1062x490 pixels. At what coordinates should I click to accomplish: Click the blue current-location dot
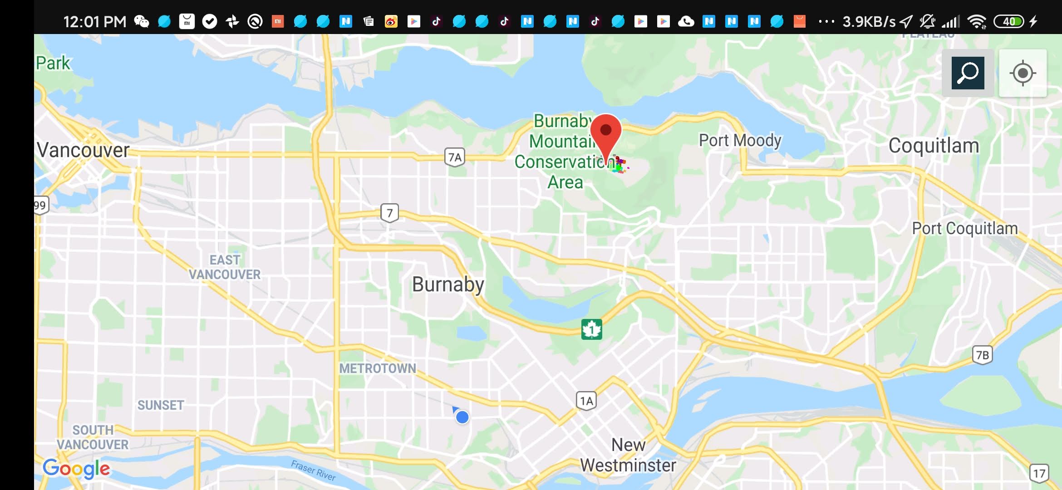(462, 417)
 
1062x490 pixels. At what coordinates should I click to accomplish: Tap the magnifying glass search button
(968, 73)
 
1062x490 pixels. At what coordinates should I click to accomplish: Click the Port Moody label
(740, 141)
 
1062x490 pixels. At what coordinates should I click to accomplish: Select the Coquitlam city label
(934, 146)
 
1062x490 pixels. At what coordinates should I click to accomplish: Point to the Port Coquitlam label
(965, 228)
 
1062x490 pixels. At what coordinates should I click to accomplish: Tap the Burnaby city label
(448, 284)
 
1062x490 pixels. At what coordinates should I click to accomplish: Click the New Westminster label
(628, 455)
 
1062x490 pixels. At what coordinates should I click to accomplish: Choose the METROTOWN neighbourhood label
(378, 368)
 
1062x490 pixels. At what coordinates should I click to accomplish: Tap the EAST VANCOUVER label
(225, 267)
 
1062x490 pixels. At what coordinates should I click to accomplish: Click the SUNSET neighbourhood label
(161, 405)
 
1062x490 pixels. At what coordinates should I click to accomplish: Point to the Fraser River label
(313, 470)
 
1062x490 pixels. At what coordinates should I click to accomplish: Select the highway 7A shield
(454, 157)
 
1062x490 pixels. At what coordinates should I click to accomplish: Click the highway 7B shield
(982, 355)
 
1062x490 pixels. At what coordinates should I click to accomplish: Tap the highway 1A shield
(586, 401)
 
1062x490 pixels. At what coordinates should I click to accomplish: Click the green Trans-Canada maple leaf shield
(591, 329)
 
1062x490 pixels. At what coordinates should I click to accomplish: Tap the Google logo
(76, 469)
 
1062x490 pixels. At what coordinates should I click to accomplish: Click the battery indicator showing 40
(1009, 21)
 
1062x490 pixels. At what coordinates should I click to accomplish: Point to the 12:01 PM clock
(94, 21)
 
